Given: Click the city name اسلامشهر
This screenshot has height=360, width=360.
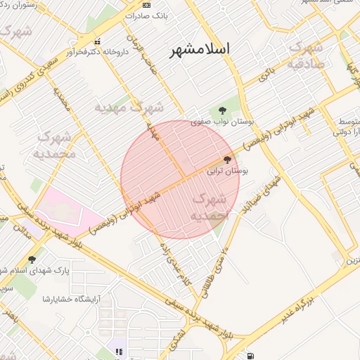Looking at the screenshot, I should tap(200, 50).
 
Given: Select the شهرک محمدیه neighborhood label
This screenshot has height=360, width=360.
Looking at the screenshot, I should tap(53, 144).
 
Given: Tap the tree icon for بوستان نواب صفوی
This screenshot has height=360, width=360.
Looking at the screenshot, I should tap(222, 110).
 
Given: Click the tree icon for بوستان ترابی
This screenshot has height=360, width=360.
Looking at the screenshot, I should tap(226, 160).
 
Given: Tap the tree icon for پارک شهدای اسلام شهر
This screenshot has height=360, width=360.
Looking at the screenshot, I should tap(31, 259).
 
